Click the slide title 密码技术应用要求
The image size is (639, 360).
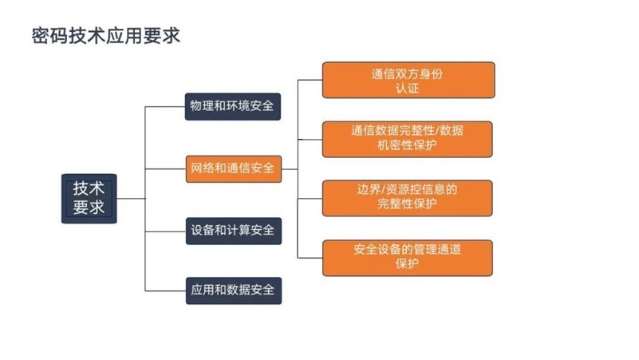pyautogui.click(x=106, y=36)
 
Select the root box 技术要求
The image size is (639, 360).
pyautogui.click(x=89, y=199)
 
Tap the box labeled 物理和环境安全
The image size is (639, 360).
pyautogui.click(x=233, y=106)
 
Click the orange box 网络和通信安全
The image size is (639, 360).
pyautogui.click(x=234, y=168)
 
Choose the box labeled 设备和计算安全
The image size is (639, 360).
pyautogui.click(x=234, y=231)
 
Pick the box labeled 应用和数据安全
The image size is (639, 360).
pyautogui.click(x=234, y=291)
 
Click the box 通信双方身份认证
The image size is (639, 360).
pyautogui.click(x=408, y=80)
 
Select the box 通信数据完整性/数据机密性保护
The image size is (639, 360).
pyautogui.click(x=407, y=139)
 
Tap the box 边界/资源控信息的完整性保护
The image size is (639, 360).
pyautogui.click(x=407, y=198)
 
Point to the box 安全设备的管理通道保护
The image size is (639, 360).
pyautogui.click(x=407, y=258)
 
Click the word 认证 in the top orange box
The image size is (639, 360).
pyautogui.click(x=407, y=88)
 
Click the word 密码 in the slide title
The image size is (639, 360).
pyautogui.click(x=49, y=36)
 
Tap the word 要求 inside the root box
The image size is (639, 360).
pyautogui.click(x=89, y=207)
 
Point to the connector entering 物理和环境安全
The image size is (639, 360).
pyautogui.click(x=165, y=107)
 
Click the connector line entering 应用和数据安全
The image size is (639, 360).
pyautogui.click(x=165, y=291)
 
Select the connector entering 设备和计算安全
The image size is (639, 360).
pyautogui.click(x=165, y=231)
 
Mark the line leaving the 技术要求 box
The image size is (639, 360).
pyautogui.click(x=131, y=199)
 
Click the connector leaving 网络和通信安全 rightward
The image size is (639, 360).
pyautogui.click(x=290, y=168)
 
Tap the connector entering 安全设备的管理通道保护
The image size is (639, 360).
pyautogui.click(x=310, y=258)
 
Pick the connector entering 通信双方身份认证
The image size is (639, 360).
pyautogui.click(x=310, y=80)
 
